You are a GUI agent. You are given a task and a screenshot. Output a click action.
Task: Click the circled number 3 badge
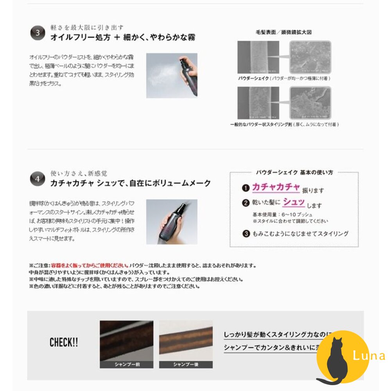click(x=38, y=33)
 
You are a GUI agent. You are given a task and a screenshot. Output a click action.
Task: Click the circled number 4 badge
click(x=38, y=179)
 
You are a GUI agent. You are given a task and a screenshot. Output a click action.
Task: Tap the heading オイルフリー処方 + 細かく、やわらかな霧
click(x=123, y=38)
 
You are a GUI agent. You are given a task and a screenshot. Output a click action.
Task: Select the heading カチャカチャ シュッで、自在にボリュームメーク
click(x=131, y=183)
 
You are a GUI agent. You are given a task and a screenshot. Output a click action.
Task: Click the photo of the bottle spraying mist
click(x=172, y=75)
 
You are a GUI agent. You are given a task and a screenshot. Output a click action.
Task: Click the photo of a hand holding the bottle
click(x=172, y=222)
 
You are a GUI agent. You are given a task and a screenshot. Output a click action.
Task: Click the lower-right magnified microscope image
click(x=310, y=103)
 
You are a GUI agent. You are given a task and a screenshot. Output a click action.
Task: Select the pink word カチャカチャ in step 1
click(x=276, y=187)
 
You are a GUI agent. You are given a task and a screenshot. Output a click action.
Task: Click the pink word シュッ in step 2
click(x=294, y=203)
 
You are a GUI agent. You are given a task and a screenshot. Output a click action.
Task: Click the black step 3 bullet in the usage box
click(x=246, y=234)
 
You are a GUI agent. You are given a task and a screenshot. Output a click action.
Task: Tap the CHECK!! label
click(x=64, y=343)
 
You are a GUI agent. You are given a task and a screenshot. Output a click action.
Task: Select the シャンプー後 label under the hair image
click(x=186, y=364)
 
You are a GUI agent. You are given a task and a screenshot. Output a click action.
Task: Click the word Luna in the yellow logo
click(x=368, y=356)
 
